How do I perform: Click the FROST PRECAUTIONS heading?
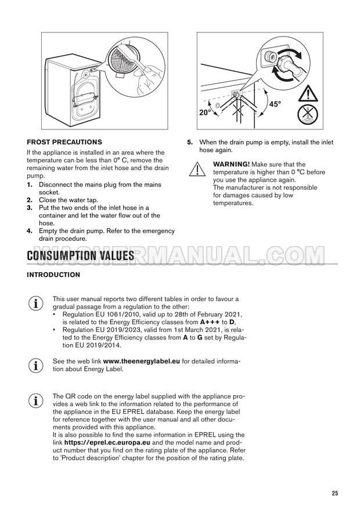[64, 142]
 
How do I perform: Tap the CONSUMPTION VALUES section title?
[80, 256]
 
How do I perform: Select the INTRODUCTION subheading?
[53, 275]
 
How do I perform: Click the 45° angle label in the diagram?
[275, 104]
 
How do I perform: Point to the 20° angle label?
[206, 113]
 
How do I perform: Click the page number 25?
[335, 493]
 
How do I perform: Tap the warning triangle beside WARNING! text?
[197, 169]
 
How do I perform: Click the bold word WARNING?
[232, 165]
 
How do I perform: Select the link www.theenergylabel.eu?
[142, 361]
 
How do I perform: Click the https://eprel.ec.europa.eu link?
[107, 443]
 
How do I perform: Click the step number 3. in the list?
[30, 208]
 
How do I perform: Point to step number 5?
[190, 142]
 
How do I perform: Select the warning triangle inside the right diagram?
[308, 93]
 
